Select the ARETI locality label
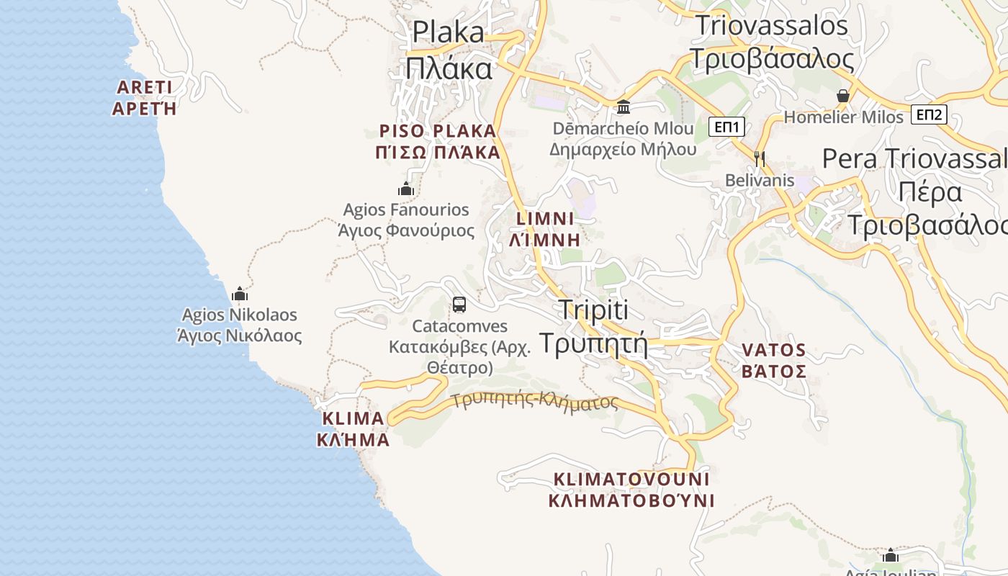(145, 98)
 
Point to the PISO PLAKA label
(438, 141)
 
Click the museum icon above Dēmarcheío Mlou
(624, 107)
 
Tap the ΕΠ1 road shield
(726, 127)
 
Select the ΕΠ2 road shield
(929, 114)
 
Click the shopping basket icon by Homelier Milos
(843, 95)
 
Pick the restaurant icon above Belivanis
(759, 158)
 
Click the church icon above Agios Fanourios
(406, 189)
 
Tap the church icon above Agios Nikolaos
(240, 294)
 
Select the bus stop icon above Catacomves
(459, 305)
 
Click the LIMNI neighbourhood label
(545, 229)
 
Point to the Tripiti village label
(593, 326)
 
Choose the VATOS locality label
(774, 361)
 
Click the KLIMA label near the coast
(353, 428)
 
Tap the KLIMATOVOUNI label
(631, 490)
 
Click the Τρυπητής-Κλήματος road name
(534, 400)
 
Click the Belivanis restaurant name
(760, 180)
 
